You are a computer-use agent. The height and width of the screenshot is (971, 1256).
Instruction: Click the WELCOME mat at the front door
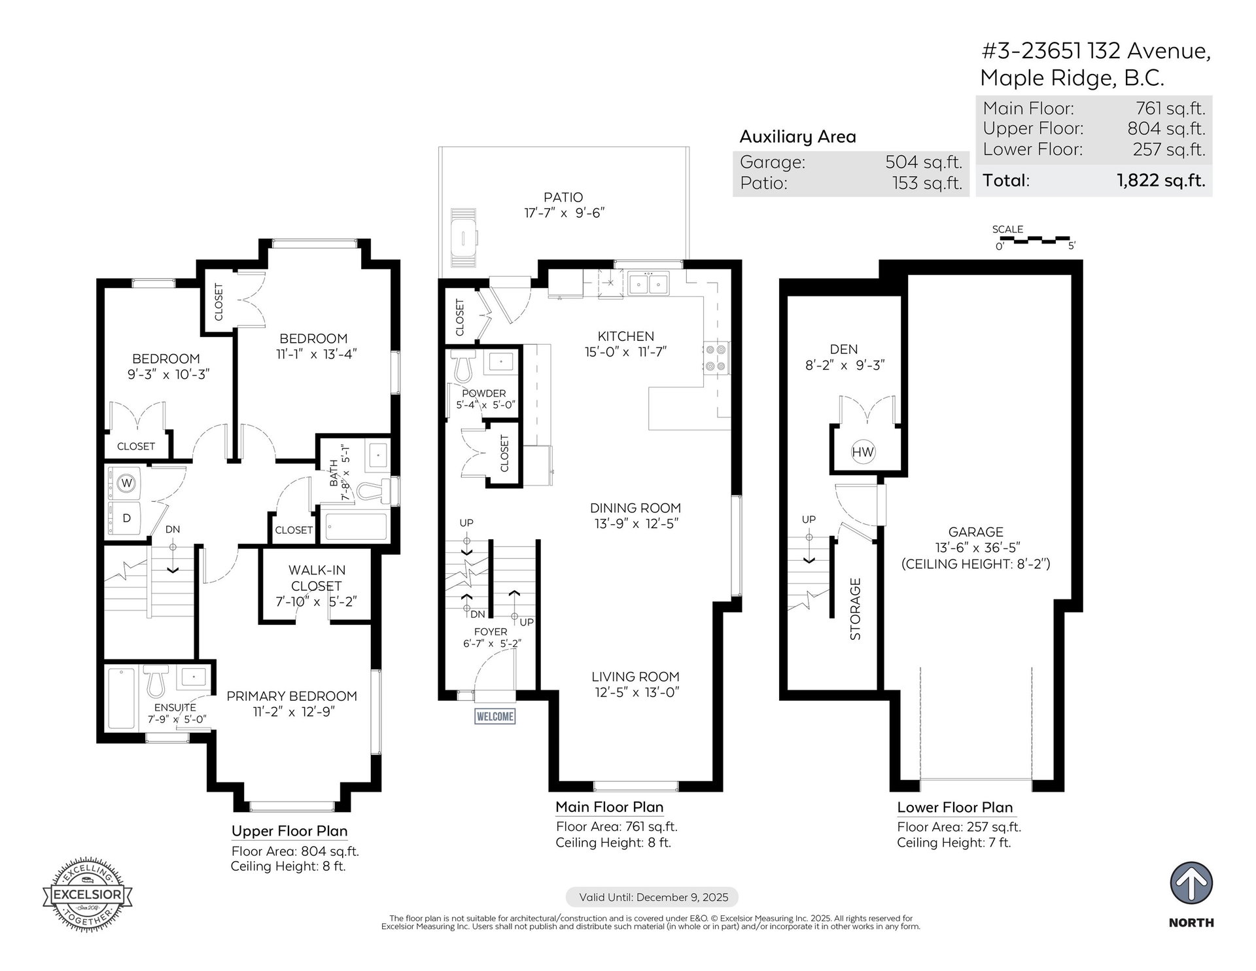click(495, 716)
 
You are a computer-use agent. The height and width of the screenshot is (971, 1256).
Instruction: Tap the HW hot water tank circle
click(863, 451)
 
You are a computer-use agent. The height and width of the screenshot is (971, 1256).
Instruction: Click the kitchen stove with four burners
click(715, 358)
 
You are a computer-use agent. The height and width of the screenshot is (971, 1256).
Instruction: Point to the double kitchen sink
click(648, 284)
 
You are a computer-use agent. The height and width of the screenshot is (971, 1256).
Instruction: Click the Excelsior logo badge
click(87, 894)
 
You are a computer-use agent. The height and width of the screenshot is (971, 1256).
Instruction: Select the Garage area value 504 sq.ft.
click(924, 162)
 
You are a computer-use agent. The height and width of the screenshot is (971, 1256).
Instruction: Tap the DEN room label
click(844, 349)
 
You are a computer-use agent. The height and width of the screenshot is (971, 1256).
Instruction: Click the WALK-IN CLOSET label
click(316, 578)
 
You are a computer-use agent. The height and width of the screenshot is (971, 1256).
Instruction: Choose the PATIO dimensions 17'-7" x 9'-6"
click(563, 213)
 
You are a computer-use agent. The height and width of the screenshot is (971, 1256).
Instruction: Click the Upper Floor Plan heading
click(289, 831)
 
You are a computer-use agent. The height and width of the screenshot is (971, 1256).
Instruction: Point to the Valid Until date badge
click(652, 897)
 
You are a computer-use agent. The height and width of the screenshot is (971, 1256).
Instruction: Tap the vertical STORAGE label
click(855, 609)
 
